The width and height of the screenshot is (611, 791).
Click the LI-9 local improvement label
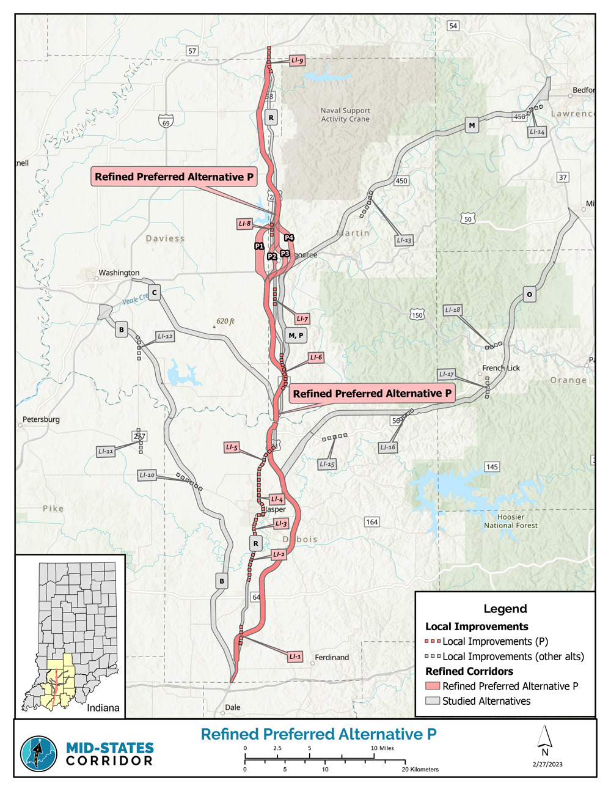coord(297,61)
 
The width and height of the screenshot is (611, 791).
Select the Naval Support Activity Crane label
coord(345,115)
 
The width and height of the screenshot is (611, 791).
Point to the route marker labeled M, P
coord(296,335)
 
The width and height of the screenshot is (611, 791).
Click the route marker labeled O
coord(529,295)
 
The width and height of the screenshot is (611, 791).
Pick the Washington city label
coord(119,273)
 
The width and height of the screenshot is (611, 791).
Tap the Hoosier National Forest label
coord(511,521)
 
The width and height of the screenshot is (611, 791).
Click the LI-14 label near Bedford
coord(537,131)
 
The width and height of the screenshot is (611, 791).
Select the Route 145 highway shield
coord(492,466)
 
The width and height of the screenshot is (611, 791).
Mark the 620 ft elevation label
coord(225,322)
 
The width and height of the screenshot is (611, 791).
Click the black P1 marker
coord(259,246)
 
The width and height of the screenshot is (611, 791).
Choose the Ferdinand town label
coord(332,657)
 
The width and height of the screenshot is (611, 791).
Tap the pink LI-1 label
coord(295,657)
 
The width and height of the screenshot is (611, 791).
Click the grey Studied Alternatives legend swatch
coord(433,701)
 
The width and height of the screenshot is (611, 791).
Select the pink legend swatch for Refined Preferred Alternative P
coord(433,686)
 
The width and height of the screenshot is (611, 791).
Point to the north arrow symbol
coord(545,739)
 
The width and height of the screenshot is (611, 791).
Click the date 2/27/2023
coord(547,764)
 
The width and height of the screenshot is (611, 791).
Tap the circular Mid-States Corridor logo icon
coord(38,754)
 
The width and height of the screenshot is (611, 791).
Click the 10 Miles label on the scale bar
coord(382,748)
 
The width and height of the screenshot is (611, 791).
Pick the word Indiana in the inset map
coord(103,708)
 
